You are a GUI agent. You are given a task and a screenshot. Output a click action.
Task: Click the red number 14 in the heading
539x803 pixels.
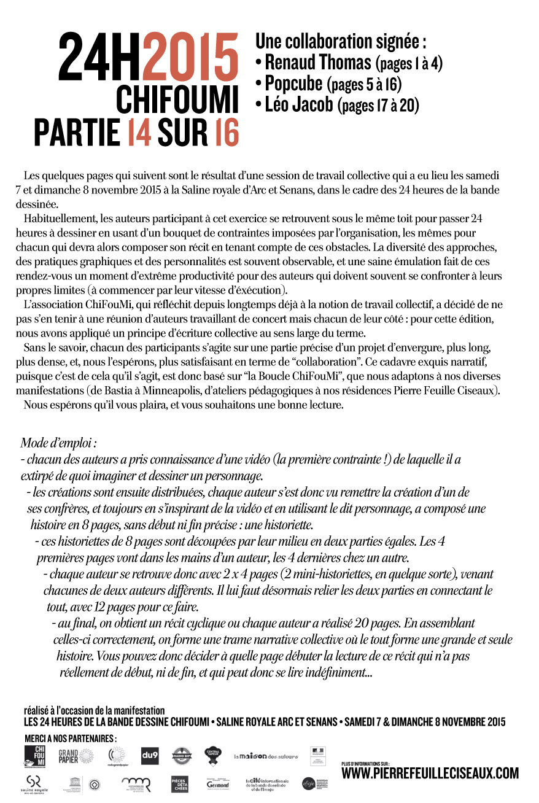pyautogui.click(x=139, y=132)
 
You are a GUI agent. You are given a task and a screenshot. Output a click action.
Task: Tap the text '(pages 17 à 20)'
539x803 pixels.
pyautogui.click(x=378, y=105)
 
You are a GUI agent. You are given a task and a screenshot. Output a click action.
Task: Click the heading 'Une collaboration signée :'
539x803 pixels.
pyautogui.click(x=341, y=41)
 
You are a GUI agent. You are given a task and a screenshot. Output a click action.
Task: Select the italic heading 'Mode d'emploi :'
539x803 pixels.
pyautogui.click(x=59, y=443)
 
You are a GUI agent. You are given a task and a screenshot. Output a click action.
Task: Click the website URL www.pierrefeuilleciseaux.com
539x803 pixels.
pyautogui.click(x=430, y=774)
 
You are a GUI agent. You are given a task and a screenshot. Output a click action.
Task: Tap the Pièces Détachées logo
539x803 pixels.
pyautogui.click(x=179, y=785)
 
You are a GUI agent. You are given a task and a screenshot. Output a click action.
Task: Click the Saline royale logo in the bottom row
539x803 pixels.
pyautogui.click(x=35, y=784)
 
